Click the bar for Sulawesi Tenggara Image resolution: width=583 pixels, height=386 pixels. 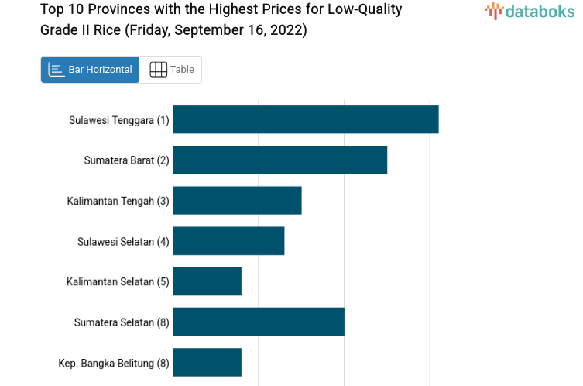coord(305,119)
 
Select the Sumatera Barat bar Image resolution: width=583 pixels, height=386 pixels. coord(279,160)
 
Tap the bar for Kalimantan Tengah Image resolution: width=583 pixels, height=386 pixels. coord(237,200)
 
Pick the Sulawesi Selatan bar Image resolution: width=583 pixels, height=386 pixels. coord(228,240)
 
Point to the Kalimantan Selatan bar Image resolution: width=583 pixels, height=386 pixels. coord(207,281)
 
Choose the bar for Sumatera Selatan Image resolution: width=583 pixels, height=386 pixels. coord(258,322)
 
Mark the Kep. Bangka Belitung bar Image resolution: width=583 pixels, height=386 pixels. coord(207,362)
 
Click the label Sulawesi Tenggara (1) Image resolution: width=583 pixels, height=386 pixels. coord(118,120)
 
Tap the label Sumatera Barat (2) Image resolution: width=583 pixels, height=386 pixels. coord(126,160)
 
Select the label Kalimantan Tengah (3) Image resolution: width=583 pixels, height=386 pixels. coord(118,201)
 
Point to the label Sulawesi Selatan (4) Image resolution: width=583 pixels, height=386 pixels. coord(123,241)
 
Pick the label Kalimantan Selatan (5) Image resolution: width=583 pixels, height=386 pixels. coord(118,281)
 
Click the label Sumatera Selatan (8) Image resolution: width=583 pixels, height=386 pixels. coord(122,322)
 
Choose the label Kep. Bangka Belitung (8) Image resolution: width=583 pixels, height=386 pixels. coord(114,363)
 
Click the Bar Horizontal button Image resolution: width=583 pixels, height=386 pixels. coord(90,70)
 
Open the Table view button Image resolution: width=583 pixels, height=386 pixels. coord(171,70)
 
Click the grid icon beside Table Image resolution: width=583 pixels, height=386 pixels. coord(158,70)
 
